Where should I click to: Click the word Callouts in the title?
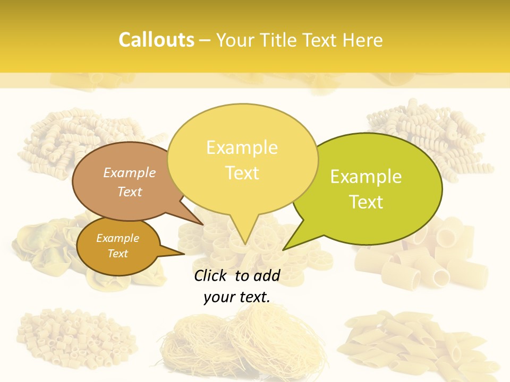[x=156, y=40]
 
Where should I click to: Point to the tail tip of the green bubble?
[x=285, y=248]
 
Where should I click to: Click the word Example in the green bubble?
[x=366, y=177]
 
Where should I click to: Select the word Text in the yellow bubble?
[x=242, y=173]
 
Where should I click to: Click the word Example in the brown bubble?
[x=130, y=172]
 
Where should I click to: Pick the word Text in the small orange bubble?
[x=118, y=254]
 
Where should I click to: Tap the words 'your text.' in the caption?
[x=237, y=297]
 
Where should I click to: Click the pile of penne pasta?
[x=420, y=342]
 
